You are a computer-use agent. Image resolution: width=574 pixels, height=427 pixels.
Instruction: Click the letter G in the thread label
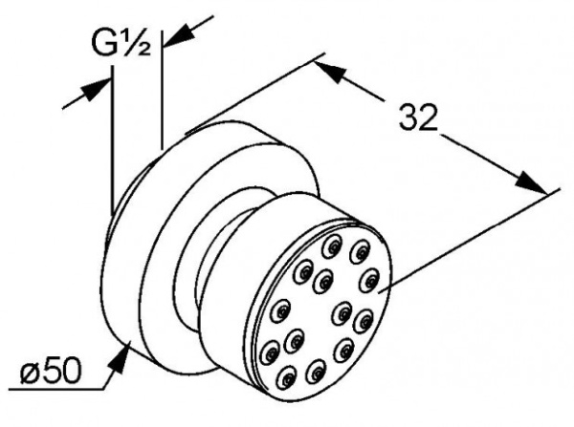pos(104,42)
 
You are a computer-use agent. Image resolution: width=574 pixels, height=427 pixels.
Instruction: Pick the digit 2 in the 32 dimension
pos(428,117)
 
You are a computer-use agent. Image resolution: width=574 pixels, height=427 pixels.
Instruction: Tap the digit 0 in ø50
pos(70,370)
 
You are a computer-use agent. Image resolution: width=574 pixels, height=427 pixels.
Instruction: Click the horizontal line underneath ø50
pos(55,389)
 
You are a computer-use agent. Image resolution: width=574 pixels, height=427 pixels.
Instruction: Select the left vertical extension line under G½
pos(112,140)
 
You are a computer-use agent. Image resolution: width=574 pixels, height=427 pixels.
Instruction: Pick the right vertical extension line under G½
pos(162,90)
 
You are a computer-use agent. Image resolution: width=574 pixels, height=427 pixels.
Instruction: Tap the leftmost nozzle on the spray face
pos(269,352)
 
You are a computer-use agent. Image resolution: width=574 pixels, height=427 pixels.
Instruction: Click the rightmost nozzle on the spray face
pos(369,281)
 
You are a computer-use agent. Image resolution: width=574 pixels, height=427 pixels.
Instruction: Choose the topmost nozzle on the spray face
pos(332,246)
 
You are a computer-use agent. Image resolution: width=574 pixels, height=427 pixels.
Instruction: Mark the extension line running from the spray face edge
pos(469,241)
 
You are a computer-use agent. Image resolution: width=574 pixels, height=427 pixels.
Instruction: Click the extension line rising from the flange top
pos(254,94)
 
